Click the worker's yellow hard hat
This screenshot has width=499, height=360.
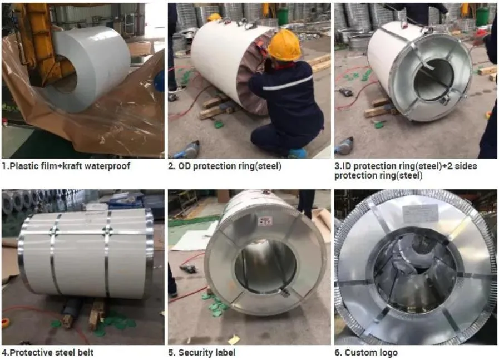pyautogui.click(x=284, y=45)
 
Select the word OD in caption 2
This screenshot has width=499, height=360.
pyautogui.click(x=184, y=166)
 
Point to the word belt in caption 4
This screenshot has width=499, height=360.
pyautogui.click(x=85, y=352)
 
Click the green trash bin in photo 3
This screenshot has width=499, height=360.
pyautogui.click(x=482, y=17)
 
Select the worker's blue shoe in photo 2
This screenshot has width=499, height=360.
pyautogui.click(x=298, y=153)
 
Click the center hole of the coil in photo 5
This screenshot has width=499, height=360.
pyautogui.click(x=265, y=266)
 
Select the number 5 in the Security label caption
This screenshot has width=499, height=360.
pyautogui.click(x=171, y=352)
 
